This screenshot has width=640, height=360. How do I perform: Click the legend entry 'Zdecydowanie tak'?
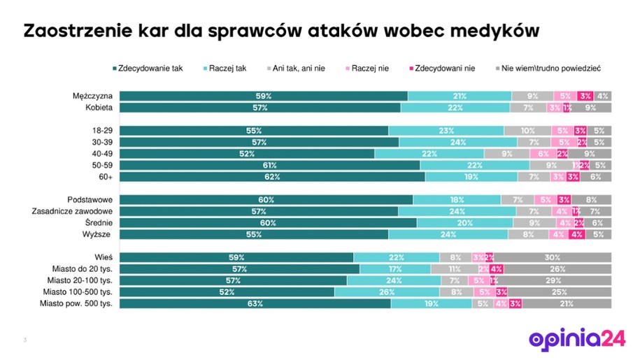coord(148,68)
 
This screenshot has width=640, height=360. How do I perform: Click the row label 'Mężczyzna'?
coord(93,96)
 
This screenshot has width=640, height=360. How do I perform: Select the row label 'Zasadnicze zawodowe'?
coord(73,211)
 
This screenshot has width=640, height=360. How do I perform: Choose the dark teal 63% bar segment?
coord(255,304)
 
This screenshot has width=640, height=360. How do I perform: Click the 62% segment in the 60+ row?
coord(271,177)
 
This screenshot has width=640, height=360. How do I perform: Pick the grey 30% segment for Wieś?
coord(553,257)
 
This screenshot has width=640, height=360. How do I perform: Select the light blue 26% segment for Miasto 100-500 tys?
coord(387,292)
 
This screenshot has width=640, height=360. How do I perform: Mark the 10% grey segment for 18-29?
coord(528,131)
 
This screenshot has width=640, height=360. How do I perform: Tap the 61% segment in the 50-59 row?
coord(269,165)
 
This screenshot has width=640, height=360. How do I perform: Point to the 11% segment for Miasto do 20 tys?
coord(453,269)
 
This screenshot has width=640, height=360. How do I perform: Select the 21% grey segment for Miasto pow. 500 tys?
coord(567,304)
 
